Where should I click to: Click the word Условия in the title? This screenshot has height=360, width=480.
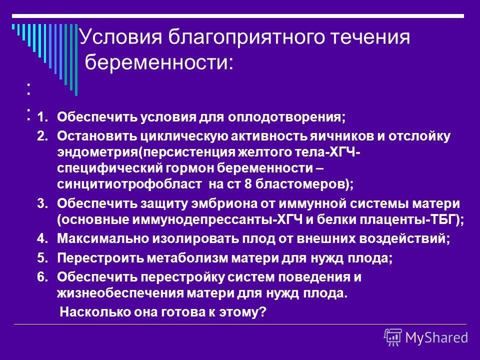pos(118,38)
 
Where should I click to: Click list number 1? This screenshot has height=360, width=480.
pos(43,118)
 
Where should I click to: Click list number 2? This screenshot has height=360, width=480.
pos(43,135)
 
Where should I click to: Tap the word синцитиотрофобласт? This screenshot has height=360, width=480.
pos(129,183)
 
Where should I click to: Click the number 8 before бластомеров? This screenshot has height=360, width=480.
pos(247,183)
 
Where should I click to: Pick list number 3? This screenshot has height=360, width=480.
pos(43,204)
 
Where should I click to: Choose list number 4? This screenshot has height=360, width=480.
pos(43,239)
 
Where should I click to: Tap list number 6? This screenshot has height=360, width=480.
pos(43,277)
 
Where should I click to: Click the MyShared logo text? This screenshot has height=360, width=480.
pos(436,337)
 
